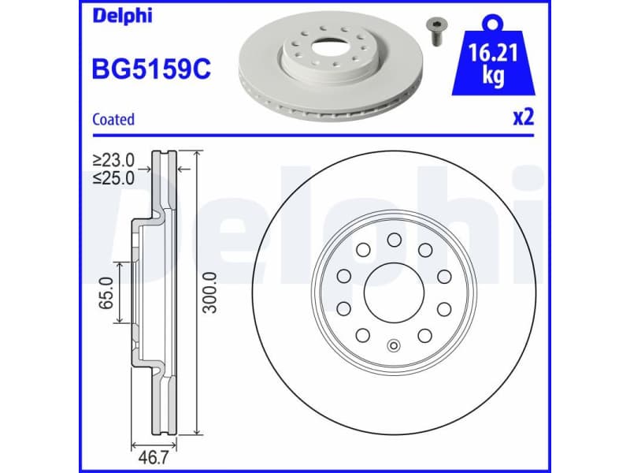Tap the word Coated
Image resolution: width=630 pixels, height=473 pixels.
[113, 120]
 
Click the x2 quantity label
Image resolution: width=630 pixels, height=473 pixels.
[523, 118]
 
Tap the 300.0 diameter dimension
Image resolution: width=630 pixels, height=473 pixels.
[209, 292]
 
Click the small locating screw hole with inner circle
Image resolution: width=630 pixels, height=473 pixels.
[394, 345]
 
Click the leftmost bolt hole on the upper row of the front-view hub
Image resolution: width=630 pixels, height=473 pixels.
[344, 276]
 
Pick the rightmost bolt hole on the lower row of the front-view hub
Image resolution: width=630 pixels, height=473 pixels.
[443, 308]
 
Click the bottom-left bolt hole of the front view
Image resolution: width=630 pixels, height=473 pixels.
[363, 335]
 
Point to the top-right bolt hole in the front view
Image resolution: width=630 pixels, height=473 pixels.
[424, 250]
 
